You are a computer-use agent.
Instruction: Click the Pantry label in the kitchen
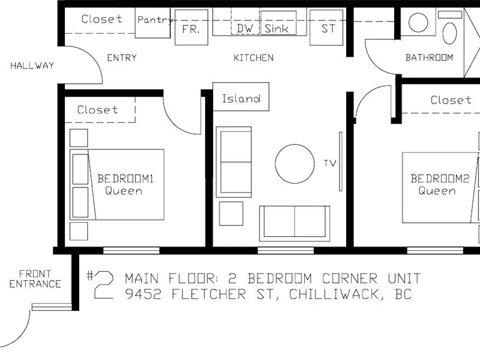(155, 20)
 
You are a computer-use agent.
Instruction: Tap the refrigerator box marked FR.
(191, 28)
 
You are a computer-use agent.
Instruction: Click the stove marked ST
(326, 28)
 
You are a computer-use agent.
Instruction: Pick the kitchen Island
(241, 97)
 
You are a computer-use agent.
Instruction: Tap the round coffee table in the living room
(295, 164)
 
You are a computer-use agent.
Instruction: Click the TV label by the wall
(330, 163)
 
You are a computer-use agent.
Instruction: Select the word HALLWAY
(32, 65)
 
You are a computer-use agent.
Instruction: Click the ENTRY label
(122, 58)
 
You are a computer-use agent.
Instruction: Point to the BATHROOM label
(429, 58)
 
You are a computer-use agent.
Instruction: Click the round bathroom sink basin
(418, 23)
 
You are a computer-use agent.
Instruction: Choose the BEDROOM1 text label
(125, 178)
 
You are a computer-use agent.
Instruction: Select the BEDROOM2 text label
(440, 178)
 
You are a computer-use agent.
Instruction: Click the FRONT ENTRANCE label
(35, 279)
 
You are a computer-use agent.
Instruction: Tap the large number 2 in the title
(104, 285)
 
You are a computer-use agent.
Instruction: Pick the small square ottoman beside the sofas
(231, 214)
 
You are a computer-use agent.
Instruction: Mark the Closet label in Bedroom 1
(97, 110)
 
